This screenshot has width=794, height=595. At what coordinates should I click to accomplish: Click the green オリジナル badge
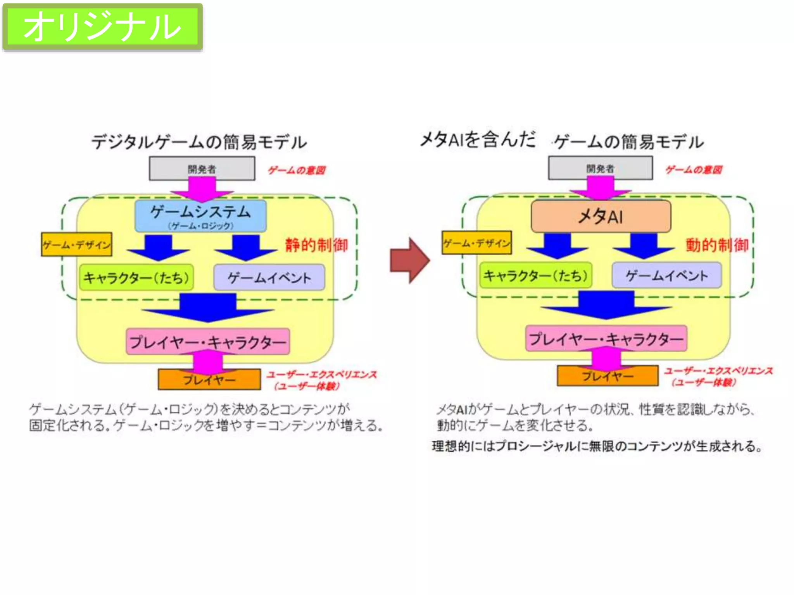coord(102,26)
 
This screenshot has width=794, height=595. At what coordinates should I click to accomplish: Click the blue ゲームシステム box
coord(200,216)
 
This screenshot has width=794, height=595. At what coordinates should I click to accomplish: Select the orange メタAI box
coord(601,217)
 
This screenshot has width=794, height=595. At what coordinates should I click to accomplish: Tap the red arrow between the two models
coord(409,260)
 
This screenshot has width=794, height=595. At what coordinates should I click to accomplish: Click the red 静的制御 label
coord(316,245)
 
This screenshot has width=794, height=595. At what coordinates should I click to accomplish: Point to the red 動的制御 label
coord(717,245)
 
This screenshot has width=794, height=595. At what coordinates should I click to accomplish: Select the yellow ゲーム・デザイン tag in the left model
coord(76,244)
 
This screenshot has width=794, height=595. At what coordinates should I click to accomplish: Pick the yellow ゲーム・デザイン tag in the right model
coord(476,243)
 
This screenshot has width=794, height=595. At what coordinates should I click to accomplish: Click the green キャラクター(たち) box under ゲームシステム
coord(136,277)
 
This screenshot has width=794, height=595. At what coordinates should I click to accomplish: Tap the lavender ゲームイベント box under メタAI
coord(666,275)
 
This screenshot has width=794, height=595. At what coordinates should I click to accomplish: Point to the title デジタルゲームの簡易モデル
coord(199,142)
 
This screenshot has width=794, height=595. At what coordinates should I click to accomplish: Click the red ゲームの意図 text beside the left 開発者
coord(297,170)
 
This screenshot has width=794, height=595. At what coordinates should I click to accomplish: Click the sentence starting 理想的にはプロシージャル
coord(597,446)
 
